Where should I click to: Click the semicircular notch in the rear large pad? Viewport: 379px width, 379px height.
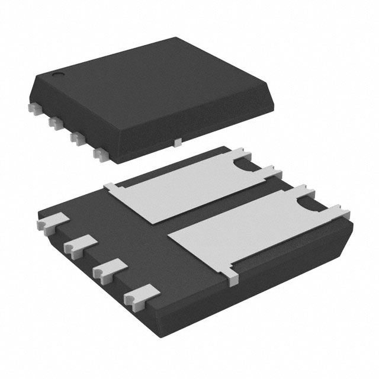[x=243, y=168]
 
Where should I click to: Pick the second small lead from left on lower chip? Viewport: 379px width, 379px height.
[x=78, y=245]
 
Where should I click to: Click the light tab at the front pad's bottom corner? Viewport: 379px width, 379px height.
[x=232, y=273]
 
